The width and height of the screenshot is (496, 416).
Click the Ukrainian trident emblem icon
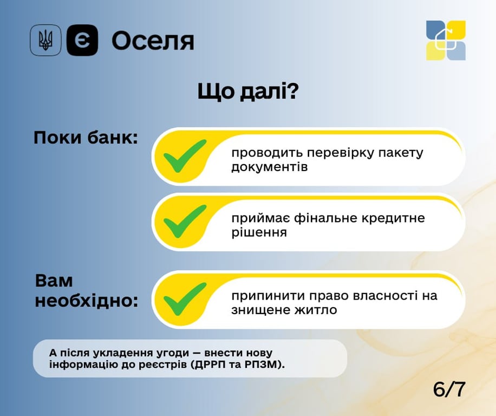tap(45, 41)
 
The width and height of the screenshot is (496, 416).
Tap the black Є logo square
tap(82, 41)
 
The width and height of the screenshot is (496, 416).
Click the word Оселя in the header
tap(153, 41)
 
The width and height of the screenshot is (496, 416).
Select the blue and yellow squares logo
tap(446, 41)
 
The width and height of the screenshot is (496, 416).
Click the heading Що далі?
tap(248, 92)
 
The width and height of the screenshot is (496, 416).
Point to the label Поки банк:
tap(86, 138)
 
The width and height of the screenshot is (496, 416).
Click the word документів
tap(269, 167)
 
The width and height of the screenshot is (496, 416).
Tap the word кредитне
tap(397, 218)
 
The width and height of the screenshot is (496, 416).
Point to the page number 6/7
tap(449, 389)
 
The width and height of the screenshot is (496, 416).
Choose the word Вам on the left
tap(54, 281)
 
